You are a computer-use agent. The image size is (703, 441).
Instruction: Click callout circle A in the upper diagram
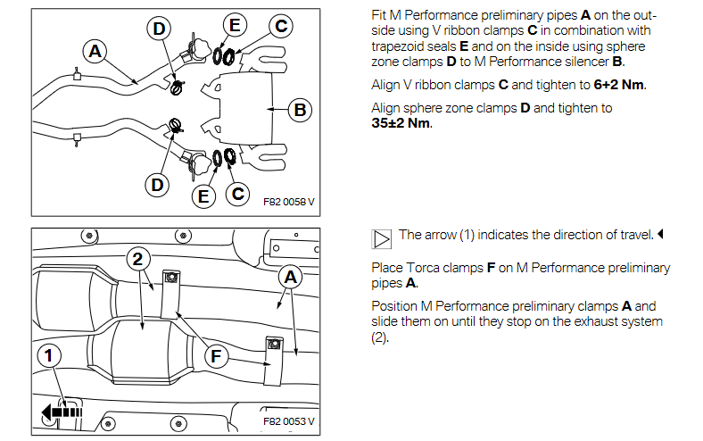95,51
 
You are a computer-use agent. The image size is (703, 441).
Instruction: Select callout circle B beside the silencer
300,111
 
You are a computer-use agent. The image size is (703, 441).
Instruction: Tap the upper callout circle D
159,29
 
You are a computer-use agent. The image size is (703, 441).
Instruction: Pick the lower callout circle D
157,185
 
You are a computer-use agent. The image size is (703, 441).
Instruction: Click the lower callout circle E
203,194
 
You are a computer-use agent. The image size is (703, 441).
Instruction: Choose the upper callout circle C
280,26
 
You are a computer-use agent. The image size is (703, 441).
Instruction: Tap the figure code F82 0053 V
289,421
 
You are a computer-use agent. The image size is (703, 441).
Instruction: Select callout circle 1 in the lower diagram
51,356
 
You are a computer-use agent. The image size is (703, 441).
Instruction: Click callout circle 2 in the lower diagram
136,260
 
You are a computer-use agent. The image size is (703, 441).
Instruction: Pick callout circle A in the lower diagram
289,278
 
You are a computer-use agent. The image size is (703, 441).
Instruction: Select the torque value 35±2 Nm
401,123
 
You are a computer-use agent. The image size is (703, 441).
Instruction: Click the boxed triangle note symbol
382,237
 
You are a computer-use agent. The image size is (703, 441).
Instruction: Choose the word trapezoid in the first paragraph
400,46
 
